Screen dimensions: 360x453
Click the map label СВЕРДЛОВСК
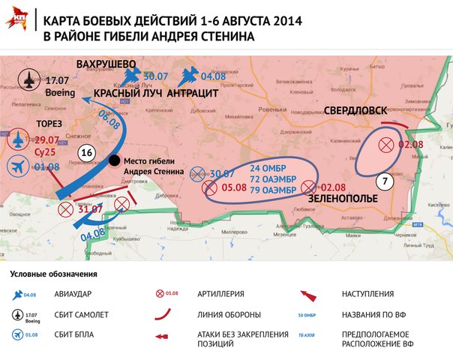(x=358, y=110)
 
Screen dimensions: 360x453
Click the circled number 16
(x=85, y=153)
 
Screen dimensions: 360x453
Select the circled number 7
(x=384, y=180)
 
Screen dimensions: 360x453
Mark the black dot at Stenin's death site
(x=113, y=160)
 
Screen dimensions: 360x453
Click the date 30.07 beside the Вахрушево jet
(x=156, y=76)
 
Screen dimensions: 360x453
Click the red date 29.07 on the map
(x=46, y=139)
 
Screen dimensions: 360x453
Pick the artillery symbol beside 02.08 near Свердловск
(x=386, y=145)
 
